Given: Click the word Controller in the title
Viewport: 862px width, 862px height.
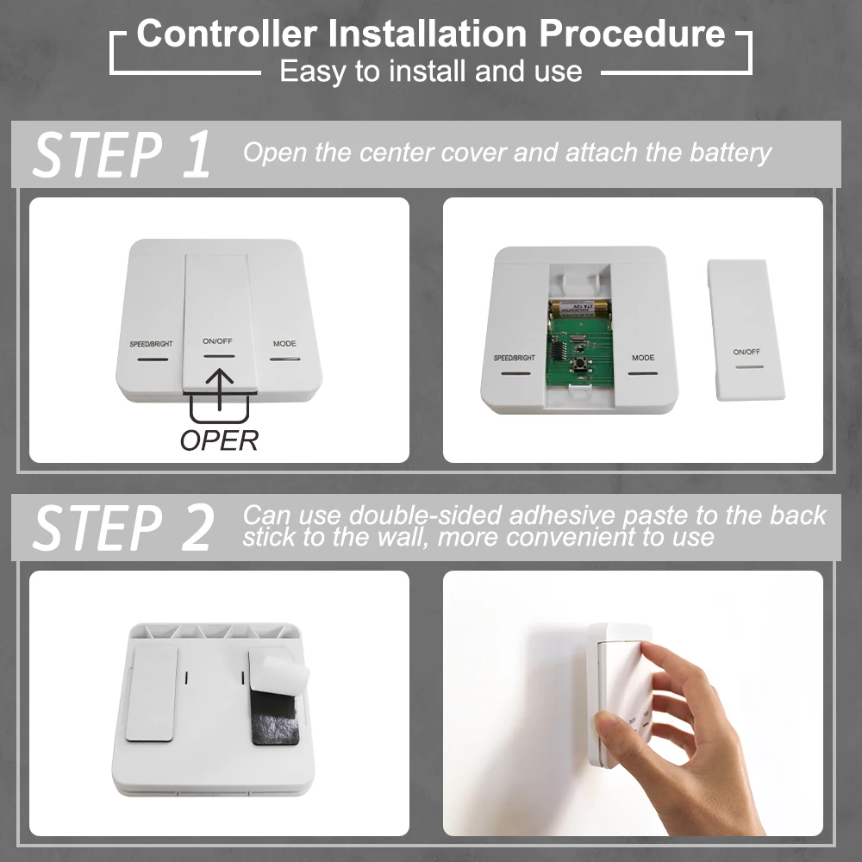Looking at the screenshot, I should [x=226, y=34].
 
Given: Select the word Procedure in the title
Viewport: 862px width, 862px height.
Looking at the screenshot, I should [x=632, y=34].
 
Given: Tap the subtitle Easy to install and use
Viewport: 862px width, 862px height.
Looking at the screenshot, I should [x=430, y=71].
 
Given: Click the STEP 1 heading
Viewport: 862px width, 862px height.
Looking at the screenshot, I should [x=122, y=155].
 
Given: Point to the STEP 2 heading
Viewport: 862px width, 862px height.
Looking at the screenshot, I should [x=122, y=528].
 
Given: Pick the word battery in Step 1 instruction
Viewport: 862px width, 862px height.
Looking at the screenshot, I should [x=729, y=153].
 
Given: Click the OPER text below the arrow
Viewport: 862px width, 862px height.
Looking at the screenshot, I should [x=219, y=440].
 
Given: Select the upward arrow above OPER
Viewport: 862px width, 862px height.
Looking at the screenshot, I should [x=221, y=389].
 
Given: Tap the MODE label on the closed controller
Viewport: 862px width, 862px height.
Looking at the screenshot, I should [x=284, y=344].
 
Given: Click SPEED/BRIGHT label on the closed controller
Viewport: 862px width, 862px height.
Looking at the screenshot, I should [x=152, y=344].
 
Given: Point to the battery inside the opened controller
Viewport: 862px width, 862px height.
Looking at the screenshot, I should [x=580, y=307].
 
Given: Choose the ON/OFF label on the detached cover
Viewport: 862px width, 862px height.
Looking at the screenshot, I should [x=746, y=352].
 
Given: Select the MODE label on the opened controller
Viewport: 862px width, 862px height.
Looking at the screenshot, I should [x=643, y=358].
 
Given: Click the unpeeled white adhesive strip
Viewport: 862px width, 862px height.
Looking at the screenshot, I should [x=153, y=695].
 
